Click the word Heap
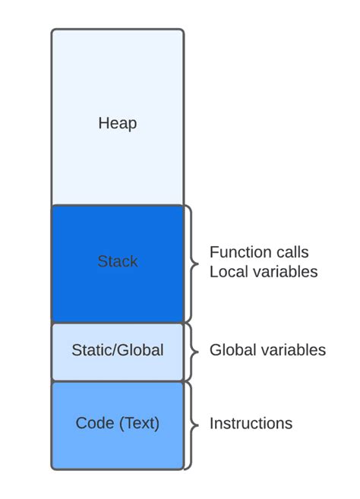pos(117,122)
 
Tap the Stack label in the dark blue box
pos(117,261)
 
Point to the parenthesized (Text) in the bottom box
pos(138,424)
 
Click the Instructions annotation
pos(251,424)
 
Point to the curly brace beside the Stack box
pos(191,263)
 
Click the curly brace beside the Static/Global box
pos(191,351)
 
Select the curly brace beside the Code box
pos(191,425)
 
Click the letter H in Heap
pos(103,122)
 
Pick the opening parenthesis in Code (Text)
pos(119,424)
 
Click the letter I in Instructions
pos(211,424)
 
